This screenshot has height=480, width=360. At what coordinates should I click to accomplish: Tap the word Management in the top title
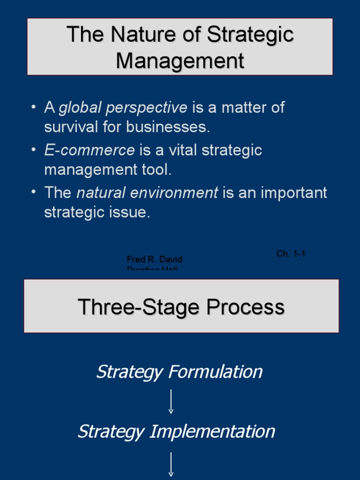coord(180,61)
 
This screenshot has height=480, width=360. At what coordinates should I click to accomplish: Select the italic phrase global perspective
coord(123,108)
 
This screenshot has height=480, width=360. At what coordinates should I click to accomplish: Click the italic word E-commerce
coord(90,150)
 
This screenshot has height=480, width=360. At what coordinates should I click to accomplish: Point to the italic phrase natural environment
coord(147,193)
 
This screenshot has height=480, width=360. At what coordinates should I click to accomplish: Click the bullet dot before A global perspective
coord(33,107)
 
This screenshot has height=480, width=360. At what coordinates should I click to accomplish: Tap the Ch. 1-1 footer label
coord(291,254)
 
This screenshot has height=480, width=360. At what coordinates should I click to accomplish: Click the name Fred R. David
coord(154,259)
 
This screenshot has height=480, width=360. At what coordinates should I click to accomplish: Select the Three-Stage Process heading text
coord(181,307)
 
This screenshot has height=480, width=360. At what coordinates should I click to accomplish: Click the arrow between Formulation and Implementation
coord(171,402)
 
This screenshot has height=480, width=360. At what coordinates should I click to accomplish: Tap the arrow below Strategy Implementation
coord(171,465)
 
